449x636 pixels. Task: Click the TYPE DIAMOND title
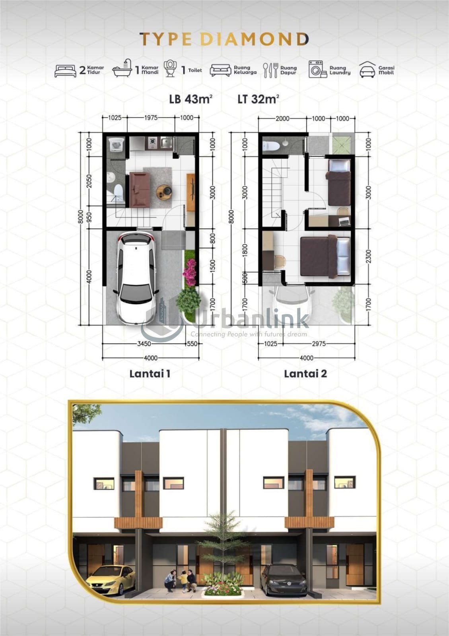tap(224, 39)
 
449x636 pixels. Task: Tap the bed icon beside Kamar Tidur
tap(65, 71)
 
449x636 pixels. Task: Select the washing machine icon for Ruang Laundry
tap(317, 69)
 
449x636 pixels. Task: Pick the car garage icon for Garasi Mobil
tap(367, 70)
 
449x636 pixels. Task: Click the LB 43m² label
tap(191, 99)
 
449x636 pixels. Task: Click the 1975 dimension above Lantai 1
tap(150, 118)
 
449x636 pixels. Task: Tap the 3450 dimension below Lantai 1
tap(144, 344)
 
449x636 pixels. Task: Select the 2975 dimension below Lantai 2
tap(319, 344)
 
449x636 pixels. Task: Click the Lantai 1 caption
tap(150, 374)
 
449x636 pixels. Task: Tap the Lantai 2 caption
tap(305, 374)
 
